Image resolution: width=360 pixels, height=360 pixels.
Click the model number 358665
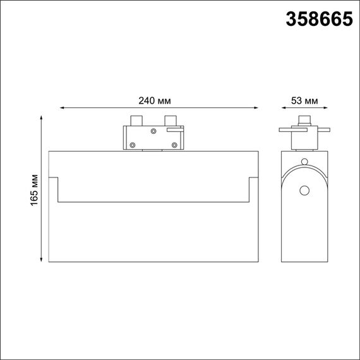(319, 20)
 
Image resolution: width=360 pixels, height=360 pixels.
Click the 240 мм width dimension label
(155, 100)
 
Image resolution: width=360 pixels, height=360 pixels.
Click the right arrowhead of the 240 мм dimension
(256, 109)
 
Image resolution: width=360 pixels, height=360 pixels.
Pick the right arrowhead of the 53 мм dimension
(327, 109)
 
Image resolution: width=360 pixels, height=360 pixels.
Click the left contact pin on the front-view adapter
(135, 121)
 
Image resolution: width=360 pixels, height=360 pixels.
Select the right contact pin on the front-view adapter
(169, 121)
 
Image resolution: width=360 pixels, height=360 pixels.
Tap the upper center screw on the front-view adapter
(152, 131)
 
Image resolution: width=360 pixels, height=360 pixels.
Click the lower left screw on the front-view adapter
(133, 145)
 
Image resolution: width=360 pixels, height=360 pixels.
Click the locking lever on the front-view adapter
(175, 129)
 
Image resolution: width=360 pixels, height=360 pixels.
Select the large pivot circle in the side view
(305, 191)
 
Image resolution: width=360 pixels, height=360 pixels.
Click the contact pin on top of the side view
(305, 121)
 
